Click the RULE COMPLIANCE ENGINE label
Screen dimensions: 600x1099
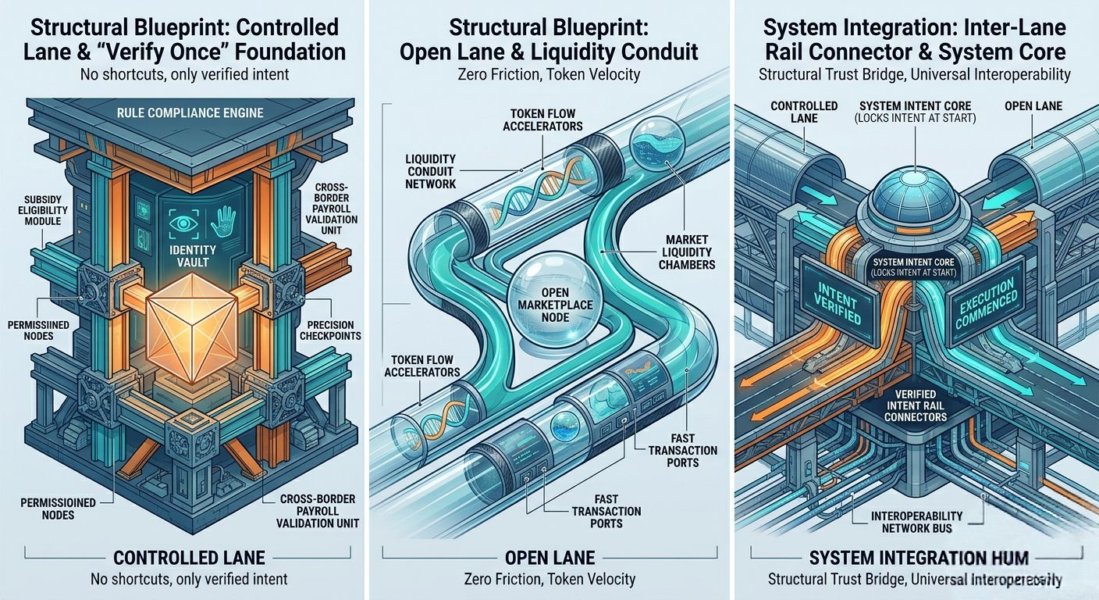(189, 112)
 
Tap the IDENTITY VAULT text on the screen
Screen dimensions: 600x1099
(192, 256)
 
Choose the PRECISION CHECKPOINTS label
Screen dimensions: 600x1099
(330, 330)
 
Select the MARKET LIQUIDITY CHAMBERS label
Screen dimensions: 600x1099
(687, 252)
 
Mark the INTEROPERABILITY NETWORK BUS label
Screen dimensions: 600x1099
(916, 522)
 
